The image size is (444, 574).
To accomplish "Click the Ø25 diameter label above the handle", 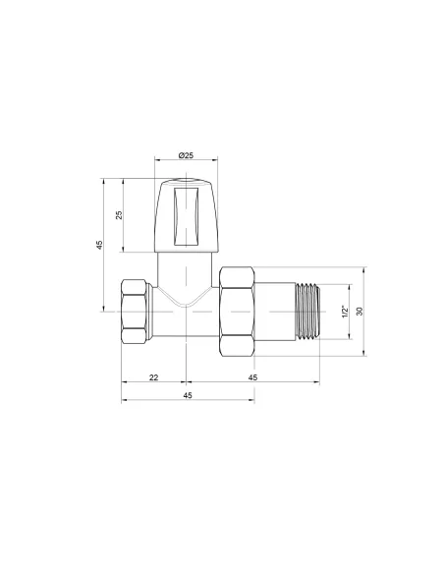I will [x=187, y=158].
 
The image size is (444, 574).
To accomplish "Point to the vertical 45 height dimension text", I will [x=100, y=246].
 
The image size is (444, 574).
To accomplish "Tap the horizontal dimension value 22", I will [x=154, y=377].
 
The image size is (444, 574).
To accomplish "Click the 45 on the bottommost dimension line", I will [x=188, y=395].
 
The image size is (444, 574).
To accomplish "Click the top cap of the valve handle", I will [x=187, y=184].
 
